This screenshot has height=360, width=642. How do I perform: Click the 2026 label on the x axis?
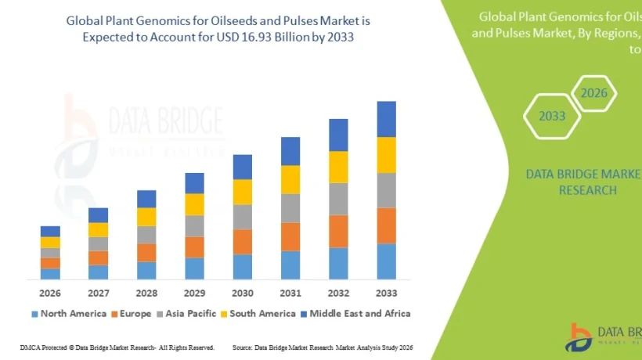50,293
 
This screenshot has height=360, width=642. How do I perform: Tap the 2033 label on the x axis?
386,293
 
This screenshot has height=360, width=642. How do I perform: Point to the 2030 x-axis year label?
243,293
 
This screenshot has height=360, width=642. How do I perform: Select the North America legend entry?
68,314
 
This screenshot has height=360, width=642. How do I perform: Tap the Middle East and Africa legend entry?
356,314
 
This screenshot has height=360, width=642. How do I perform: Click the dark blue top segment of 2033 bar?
386,119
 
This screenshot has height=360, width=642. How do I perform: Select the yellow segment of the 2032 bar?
338,167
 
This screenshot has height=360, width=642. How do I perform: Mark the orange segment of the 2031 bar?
290,236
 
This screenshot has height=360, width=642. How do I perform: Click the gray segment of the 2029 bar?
194,225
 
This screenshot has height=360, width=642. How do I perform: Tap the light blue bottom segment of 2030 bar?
243,266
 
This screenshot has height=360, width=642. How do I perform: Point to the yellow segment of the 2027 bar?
98,229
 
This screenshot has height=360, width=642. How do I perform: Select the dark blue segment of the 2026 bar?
50,231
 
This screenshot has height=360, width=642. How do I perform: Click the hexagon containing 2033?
551,116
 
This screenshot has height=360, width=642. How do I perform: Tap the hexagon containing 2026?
593,94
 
